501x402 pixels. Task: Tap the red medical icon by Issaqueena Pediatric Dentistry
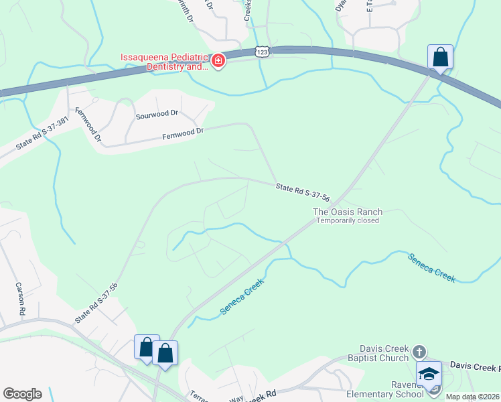click(218, 62)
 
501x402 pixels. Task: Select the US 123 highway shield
click(261, 52)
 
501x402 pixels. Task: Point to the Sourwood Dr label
click(158, 115)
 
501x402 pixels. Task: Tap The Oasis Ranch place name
click(348, 212)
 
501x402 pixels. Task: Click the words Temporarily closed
click(348, 220)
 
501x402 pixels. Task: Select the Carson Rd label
click(19, 299)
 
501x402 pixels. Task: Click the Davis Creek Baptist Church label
click(374, 353)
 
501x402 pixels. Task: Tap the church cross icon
click(419, 351)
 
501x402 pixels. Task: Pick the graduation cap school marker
click(429, 373)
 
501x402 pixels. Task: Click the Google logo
click(21, 393)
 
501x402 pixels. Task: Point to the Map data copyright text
click(473, 397)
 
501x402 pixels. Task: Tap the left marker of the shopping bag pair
click(147, 346)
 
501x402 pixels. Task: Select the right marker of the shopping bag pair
click(165, 352)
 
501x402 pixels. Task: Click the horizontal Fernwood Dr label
click(183, 134)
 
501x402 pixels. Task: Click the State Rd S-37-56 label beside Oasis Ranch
click(303, 193)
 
